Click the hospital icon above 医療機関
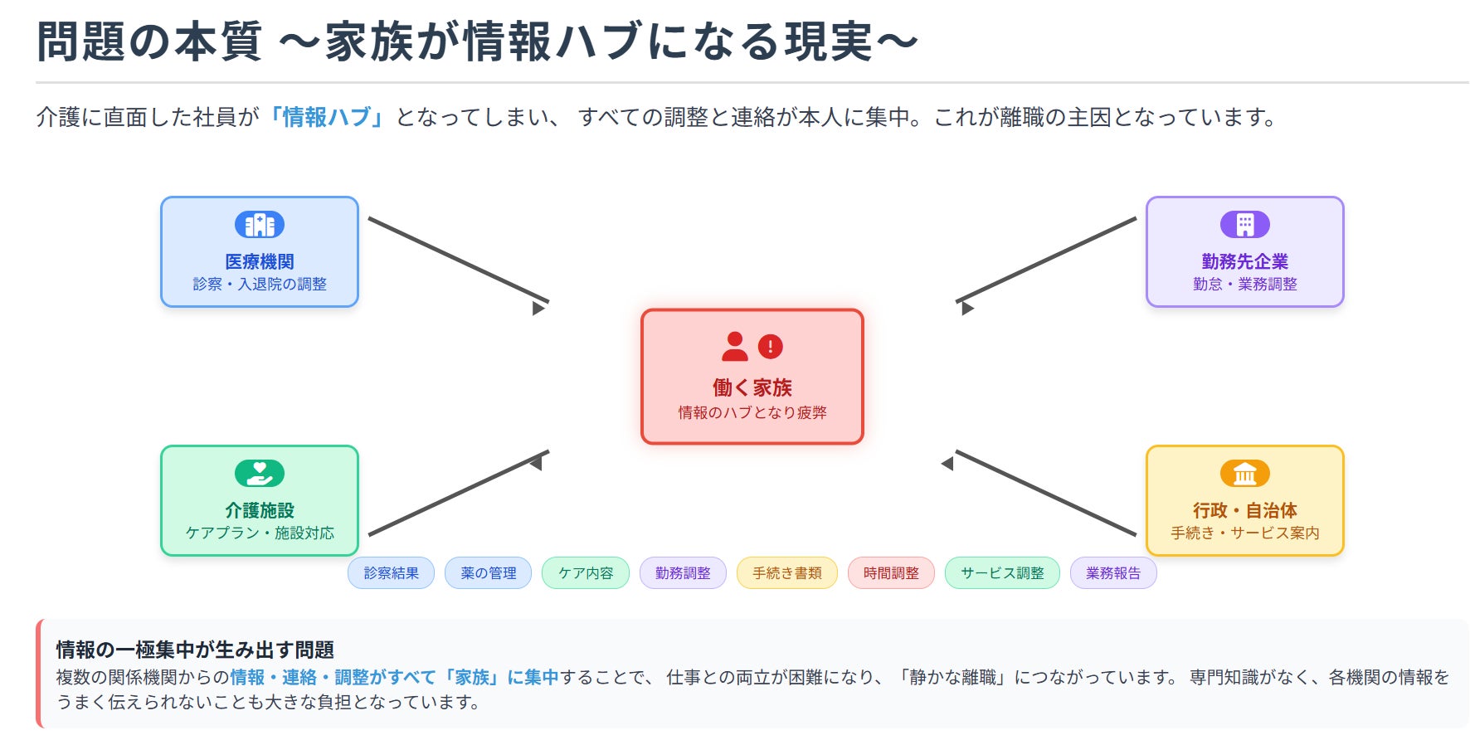260,225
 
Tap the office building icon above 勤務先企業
1244,225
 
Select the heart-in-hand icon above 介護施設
260,474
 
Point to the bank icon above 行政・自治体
1244,474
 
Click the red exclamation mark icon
771,346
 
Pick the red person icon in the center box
734,346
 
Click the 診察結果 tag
391,573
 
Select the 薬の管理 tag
488,573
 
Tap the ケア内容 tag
586,573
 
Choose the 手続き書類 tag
786,573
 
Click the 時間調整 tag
891,573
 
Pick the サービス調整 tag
1002,573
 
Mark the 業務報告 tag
1113,573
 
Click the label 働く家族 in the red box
752,387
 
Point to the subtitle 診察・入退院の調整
260,284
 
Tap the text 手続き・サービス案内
1244,533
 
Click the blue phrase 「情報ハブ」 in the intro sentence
327,117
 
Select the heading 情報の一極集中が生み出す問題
195,650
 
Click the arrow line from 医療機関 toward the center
458,260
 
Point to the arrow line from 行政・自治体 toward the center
1045,493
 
